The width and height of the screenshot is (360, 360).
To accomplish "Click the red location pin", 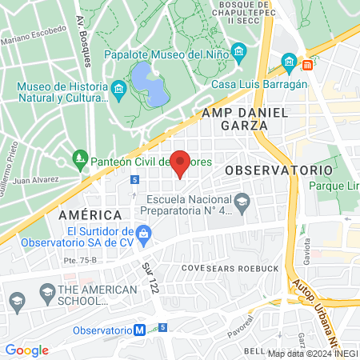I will coord(181,162).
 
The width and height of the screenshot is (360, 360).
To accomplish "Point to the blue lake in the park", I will coord(148,85).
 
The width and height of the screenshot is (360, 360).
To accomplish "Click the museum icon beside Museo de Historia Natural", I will coord(118,87).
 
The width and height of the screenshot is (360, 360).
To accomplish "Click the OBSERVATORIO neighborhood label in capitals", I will coord(278,170).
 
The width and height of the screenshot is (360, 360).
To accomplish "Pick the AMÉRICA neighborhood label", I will coord(90,215).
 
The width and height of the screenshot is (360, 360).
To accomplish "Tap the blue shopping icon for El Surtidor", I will coord(144,234).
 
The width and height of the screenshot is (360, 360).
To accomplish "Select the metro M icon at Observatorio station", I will coord(140,330).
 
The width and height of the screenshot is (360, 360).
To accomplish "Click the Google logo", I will coord(26,350).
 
